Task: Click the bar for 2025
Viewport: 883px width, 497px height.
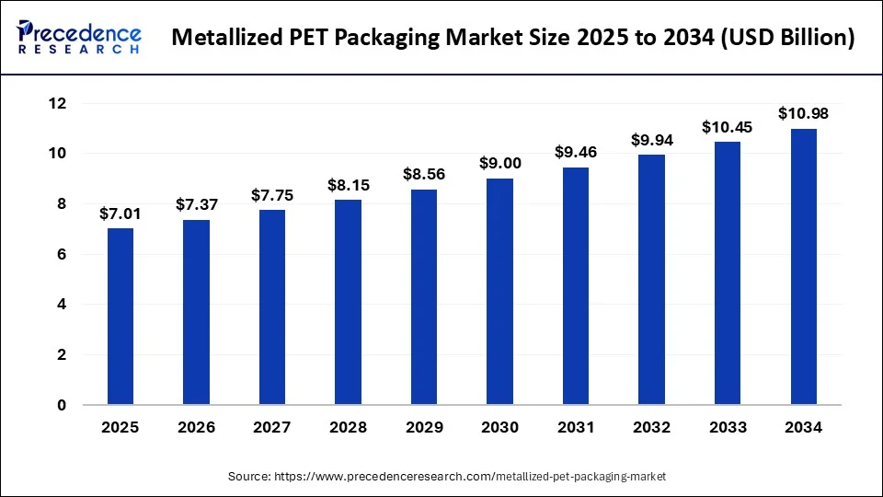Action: pyautogui.click(x=120, y=317)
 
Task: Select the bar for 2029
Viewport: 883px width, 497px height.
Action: pyautogui.click(x=424, y=297)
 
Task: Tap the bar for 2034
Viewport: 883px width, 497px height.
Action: pyautogui.click(x=804, y=267)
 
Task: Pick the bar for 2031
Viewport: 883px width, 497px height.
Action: pyautogui.click(x=577, y=286)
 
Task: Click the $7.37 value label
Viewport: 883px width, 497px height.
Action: pyautogui.click(x=196, y=204)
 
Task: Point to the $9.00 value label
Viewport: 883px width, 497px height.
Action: pyautogui.click(x=500, y=163)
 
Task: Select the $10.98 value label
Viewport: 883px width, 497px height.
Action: pyautogui.click(x=804, y=113)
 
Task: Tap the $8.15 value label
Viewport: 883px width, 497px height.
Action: pyautogui.click(x=348, y=185)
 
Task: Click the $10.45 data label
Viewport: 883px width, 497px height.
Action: pyautogui.click(x=728, y=127)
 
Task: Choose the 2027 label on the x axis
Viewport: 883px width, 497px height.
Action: pyautogui.click(x=272, y=428)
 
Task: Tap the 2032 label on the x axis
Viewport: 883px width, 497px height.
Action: pyautogui.click(x=652, y=428)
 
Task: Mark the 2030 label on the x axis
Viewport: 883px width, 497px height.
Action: pyautogui.click(x=500, y=428)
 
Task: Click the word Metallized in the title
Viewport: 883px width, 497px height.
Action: pyautogui.click(x=224, y=39)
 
